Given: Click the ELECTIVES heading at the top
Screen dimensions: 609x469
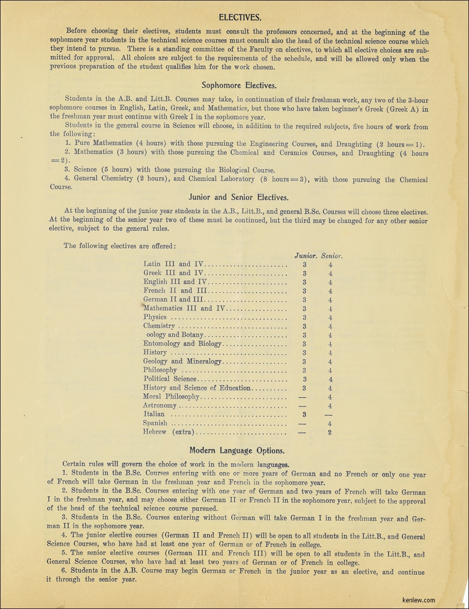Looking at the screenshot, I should (x=240, y=18).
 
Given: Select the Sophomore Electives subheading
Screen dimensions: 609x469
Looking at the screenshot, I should (x=239, y=85).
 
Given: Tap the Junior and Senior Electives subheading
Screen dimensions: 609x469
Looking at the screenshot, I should (x=239, y=197).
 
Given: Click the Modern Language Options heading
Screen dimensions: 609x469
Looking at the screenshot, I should (x=237, y=450).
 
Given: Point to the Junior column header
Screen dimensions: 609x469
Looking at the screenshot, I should (x=306, y=256).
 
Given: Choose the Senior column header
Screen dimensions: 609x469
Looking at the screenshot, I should (x=332, y=256).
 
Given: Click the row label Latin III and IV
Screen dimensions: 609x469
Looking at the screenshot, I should (x=173, y=264).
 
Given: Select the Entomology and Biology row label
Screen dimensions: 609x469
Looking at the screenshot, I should (x=183, y=344).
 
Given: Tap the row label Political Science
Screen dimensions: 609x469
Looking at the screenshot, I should (x=169, y=379).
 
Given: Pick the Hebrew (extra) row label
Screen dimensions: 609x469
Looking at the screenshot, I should (x=169, y=432).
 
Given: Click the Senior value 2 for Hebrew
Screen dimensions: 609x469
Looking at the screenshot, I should (x=330, y=432).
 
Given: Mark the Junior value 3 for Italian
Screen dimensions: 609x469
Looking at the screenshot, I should (x=305, y=415).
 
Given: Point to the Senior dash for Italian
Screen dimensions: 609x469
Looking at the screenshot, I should (x=330, y=415).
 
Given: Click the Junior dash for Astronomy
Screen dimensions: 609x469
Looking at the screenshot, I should (x=303, y=406).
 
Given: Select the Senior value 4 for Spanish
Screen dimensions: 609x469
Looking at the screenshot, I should (x=330, y=423).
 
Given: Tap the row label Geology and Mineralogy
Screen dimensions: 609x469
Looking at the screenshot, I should (x=183, y=361).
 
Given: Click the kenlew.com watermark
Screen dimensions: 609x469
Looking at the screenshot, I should (x=418, y=599).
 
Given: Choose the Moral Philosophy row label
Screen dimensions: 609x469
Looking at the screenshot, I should (x=171, y=396).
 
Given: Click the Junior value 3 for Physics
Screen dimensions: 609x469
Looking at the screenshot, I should (x=305, y=317).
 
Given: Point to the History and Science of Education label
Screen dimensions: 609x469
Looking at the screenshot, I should (x=197, y=388).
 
